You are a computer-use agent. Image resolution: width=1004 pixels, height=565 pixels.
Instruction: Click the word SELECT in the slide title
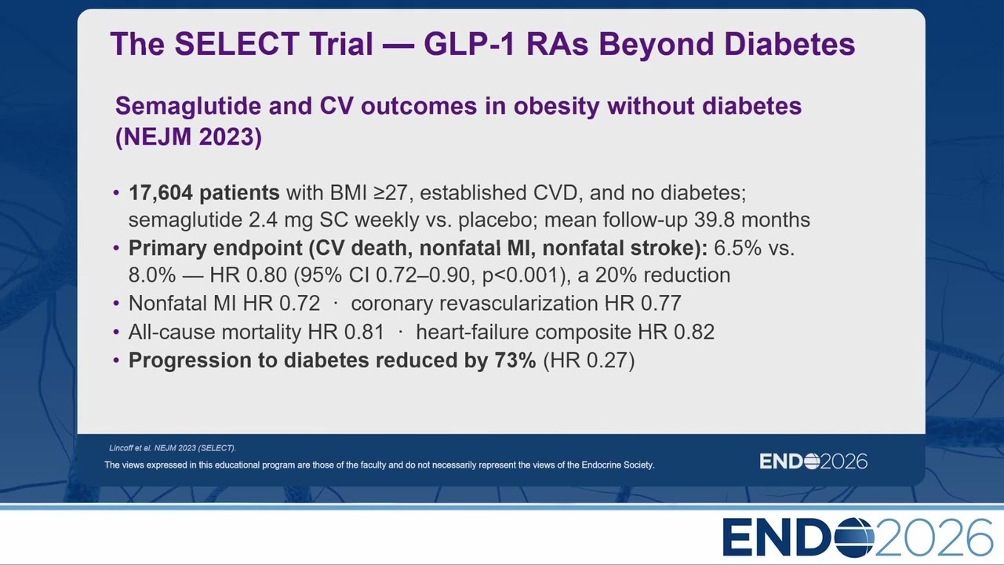(x=237, y=43)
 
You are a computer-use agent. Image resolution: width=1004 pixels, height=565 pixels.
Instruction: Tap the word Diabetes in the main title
(x=789, y=43)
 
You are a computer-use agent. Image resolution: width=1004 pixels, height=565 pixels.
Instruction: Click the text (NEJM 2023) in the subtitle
(x=188, y=137)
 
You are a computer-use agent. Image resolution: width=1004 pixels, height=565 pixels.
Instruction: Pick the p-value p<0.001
(x=522, y=275)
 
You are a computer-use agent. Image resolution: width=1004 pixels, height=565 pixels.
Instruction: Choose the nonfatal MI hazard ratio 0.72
(x=300, y=304)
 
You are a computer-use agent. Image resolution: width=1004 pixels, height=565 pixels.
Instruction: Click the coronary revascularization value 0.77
(x=660, y=304)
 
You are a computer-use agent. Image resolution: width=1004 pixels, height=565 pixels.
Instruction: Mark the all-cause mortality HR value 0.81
(x=364, y=332)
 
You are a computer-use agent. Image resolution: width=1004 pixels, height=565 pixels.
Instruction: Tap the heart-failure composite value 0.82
(x=694, y=332)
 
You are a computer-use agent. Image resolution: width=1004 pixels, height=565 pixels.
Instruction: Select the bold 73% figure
(x=515, y=360)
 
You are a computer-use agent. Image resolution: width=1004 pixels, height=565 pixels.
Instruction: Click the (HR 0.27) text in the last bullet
(x=589, y=360)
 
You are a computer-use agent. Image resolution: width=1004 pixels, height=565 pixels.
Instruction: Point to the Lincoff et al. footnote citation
(x=173, y=448)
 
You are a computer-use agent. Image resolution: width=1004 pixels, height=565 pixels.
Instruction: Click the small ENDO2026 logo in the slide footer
(x=813, y=461)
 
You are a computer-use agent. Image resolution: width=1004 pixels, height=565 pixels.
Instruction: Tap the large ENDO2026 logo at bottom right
(x=857, y=538)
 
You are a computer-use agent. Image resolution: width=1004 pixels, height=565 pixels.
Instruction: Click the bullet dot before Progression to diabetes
(x=117, y=360)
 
